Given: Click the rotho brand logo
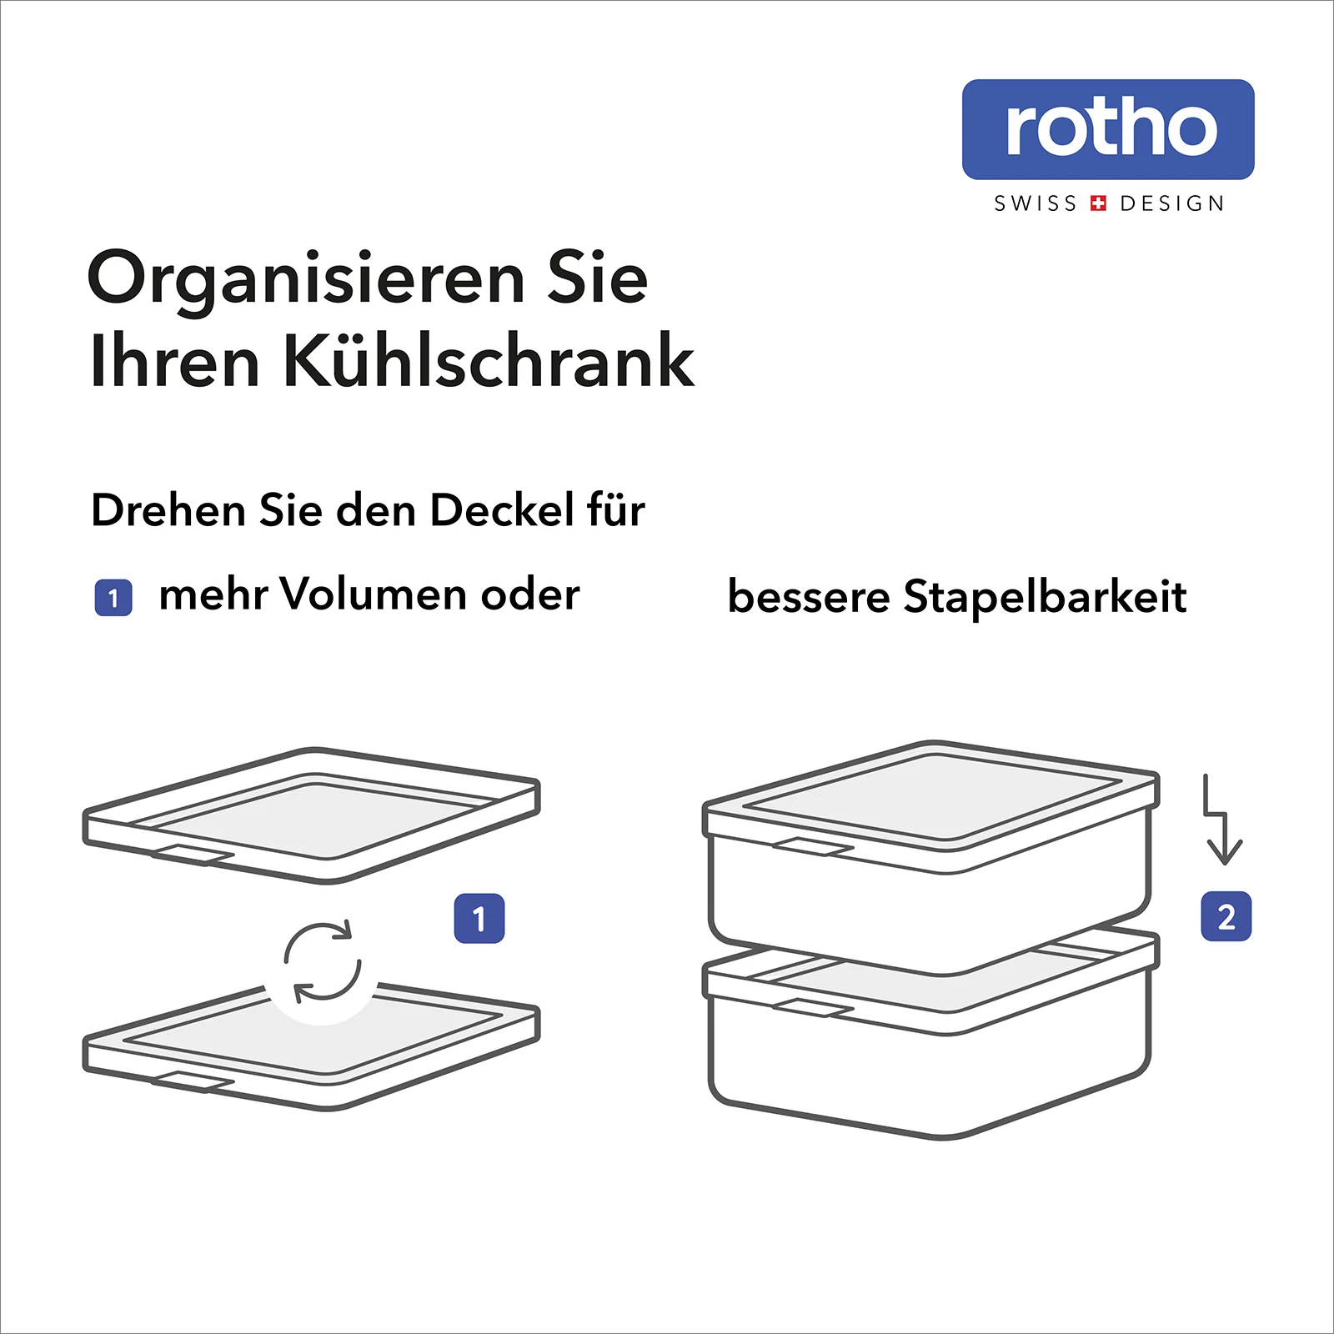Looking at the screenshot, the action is pyautogui.click(x=1108, y=129).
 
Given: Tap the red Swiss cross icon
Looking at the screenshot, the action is pyautogui.click(x=1099, y=203).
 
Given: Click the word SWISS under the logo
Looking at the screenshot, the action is pyautogui.click(x=1036, y=203).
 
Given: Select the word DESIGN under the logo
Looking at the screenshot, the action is pyautogui.click(x=1172, y=203).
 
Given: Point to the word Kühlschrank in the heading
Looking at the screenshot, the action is pyautogui.click(x=489, y=360).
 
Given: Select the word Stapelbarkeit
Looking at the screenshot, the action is pyautogui.click(x=1046, y=597).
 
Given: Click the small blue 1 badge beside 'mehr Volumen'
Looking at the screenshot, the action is pyautogui.click(x=113, y=598).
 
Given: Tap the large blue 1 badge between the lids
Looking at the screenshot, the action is pyautogui.click(x=479, y=919).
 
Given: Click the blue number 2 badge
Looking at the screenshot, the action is pyautogui.click(x=1226, y=917).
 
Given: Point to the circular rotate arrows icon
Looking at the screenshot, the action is pyautogui.click(x=323, y=961).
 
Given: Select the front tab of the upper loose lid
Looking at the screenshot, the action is pyautogui.click(x=193, y=855).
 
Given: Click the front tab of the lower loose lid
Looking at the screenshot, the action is pyautogui.click(x=193, y=1081).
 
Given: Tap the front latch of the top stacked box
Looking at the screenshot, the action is pyautogui.click(x=813, y=847).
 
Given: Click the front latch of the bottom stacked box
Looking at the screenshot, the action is pyautogui.click(x=813, y=1008).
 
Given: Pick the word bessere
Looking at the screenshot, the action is pyautogui.click(x=809, y=597).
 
